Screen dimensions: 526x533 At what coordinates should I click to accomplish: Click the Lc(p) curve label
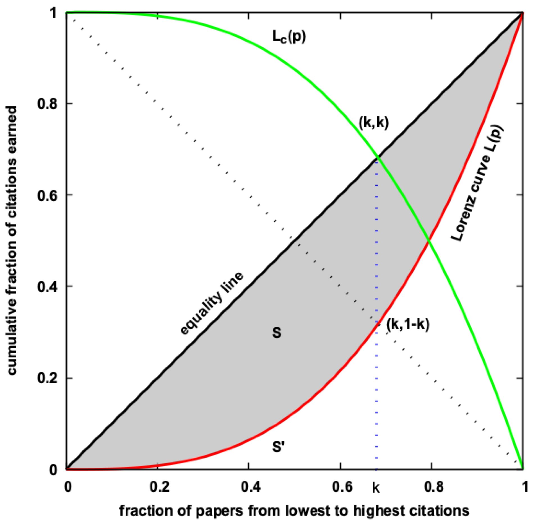coord(289,37)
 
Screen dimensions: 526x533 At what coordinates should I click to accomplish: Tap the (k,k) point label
coord(374,123)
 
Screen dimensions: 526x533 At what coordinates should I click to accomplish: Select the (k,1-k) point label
coord(408,324)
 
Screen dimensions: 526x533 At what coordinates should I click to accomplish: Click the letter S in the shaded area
coord(277,333)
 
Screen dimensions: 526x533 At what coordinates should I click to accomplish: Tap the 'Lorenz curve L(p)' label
coord(477,183)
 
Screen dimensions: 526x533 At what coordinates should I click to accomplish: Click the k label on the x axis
coord(376,488)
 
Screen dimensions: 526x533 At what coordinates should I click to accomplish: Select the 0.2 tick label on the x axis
coord(159,487)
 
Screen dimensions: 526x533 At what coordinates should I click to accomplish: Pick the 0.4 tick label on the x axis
coord(251,487)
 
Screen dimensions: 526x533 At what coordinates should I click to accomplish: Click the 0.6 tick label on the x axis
coord(342,487)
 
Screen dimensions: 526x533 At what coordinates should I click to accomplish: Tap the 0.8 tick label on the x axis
coord(434,487)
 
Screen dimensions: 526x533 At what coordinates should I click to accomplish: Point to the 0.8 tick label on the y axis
coord(47,104)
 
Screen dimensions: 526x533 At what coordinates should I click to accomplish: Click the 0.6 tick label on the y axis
coord(47,195)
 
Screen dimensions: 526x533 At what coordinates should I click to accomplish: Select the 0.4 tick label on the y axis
coord(47,286)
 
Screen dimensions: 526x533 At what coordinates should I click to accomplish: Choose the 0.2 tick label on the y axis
coord(47,378)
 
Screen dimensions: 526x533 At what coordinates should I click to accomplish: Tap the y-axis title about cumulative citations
coord(12,240)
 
